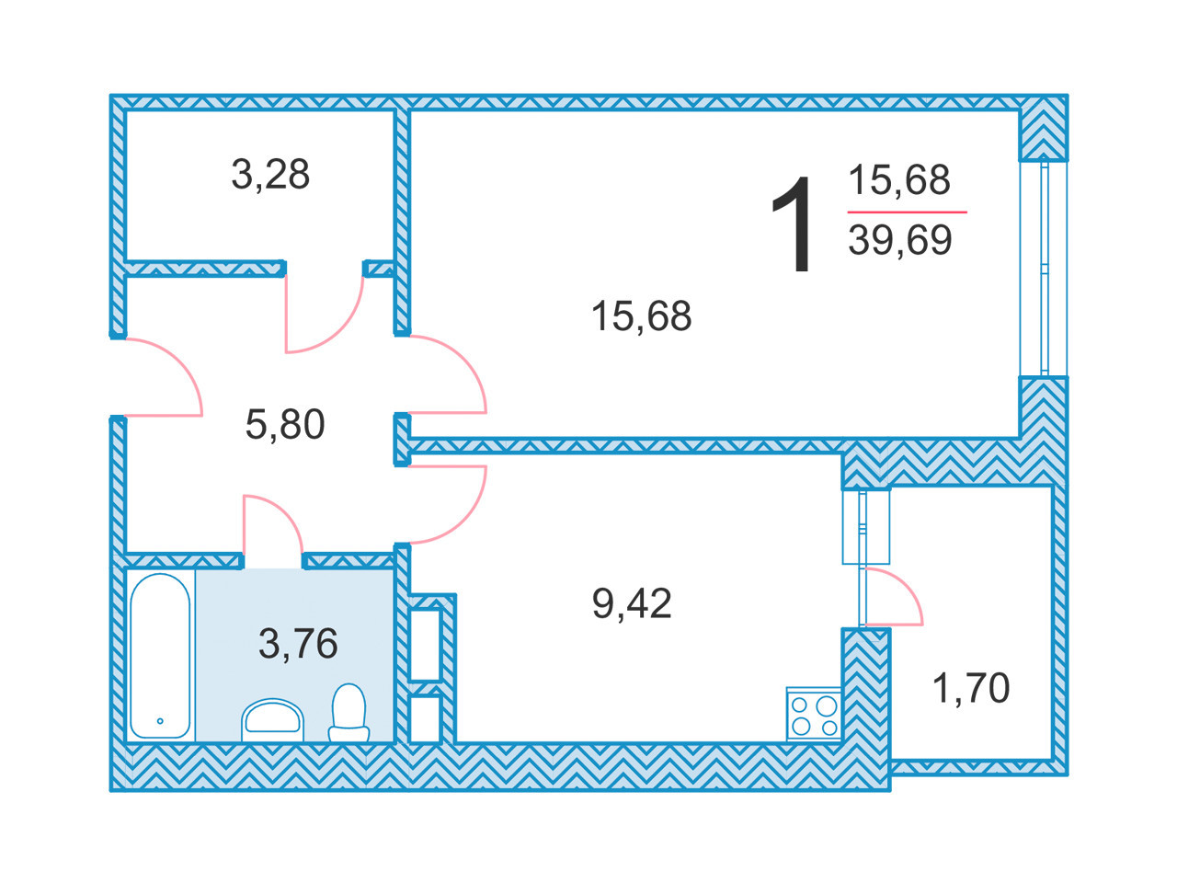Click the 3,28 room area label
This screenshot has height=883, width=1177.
(270, 174)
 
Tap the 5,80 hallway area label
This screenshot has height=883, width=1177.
(285, 425)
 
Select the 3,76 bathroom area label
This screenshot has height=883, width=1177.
(298, 643)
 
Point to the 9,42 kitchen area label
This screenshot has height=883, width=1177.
(632, 603)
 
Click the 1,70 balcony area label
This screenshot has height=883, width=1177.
(971, 688)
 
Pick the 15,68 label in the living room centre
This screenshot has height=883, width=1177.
(641, 315)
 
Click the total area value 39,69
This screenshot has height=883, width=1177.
(900, 240)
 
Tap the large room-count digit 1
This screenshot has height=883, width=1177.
(793, 224)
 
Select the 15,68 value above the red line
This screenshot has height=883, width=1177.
(899, 179)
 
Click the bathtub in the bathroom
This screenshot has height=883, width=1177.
(160, 656)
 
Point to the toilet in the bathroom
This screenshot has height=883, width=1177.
(349, 713)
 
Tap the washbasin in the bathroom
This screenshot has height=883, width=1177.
(272, 720)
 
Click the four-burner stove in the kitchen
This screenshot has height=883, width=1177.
(813, 714)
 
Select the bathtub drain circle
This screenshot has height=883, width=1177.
(160, 721)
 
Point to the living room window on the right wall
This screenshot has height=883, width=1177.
(1043, 269)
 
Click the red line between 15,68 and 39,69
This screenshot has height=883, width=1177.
(907, 212)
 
